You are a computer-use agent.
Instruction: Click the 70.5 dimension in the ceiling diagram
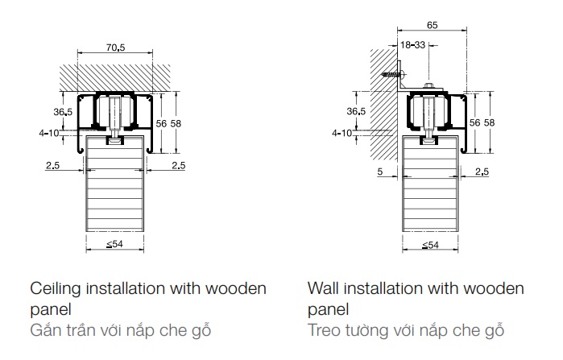[116, 48]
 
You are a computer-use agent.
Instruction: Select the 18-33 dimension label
[415, 46]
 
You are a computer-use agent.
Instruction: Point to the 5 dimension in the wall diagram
[378, 172]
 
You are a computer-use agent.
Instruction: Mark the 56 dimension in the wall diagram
[475, 122]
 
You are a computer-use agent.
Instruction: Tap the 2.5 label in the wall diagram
[482, 172]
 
